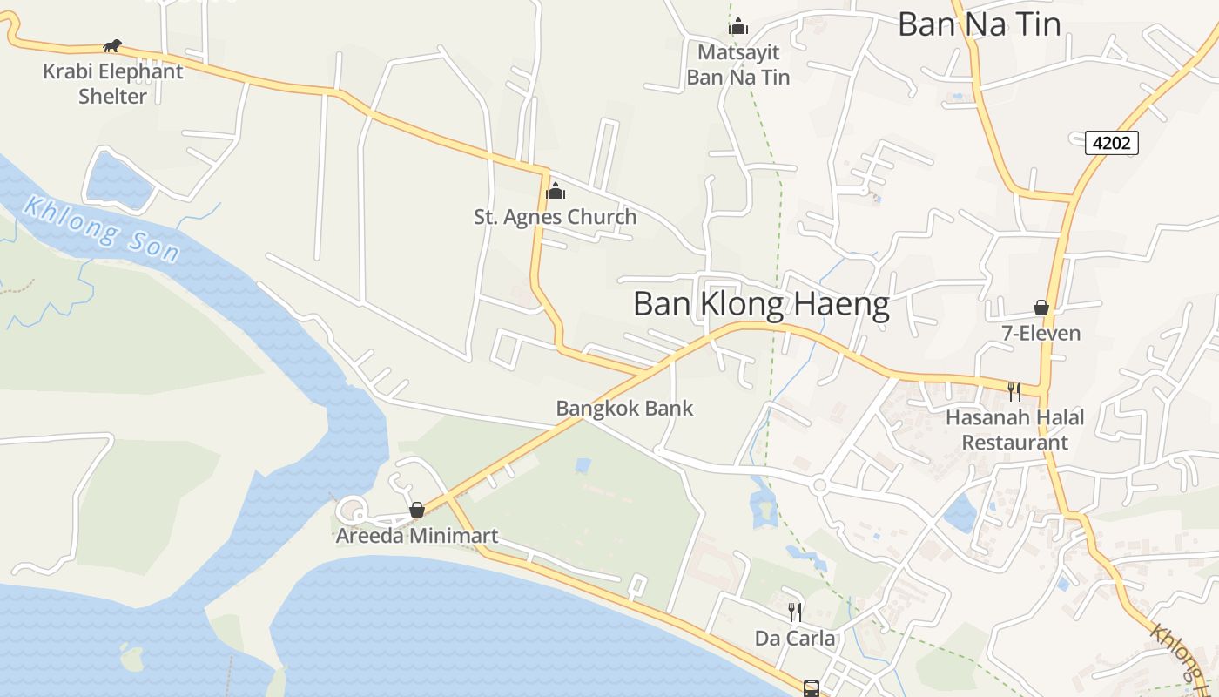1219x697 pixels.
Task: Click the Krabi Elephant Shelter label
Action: point(113,84)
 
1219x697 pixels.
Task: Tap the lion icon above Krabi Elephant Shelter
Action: point(112,45)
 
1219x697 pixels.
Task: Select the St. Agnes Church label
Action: point(556,217)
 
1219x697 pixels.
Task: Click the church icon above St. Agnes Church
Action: point(556,191)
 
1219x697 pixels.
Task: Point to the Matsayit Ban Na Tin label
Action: point(738,65)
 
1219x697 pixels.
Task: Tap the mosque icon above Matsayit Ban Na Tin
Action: point(738,26)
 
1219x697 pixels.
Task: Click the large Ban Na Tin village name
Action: point(980,24)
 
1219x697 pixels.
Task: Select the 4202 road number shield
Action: point(1112,142)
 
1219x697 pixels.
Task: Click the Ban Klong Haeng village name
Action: point(761,305)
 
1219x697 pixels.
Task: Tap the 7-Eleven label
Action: point(1041,334)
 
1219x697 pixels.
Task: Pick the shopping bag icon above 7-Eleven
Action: point(1041,308)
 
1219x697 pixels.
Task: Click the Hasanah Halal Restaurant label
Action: point(1015,430)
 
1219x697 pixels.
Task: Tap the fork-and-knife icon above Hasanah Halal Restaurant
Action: point(1014,391)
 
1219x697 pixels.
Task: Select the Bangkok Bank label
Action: point(624,408)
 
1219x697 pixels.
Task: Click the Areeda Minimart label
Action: point(417,536)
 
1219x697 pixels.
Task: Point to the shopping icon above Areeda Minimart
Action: point(417,510)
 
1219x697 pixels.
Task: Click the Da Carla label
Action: point(794,639)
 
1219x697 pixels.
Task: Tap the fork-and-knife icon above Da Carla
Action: point(794,612)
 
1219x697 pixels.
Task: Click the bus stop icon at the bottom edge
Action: point(811,688)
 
